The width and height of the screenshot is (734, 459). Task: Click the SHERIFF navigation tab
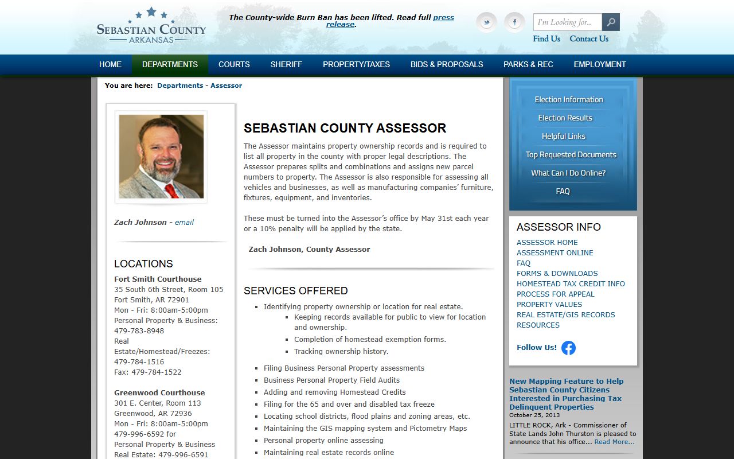[x=286, y=64]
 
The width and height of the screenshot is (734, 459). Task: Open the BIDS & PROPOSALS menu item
[x=447, y=64]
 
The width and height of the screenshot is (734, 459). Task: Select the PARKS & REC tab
[x=528, y=64]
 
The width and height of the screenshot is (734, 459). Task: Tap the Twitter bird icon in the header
[x=487, y=22]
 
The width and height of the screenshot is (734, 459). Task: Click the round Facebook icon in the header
[x=514, y=22]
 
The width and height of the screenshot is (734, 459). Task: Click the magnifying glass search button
[x=611, y=22]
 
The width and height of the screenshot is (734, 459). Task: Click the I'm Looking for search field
[x=567, y=22]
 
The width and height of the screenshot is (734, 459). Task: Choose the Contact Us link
[x=589, y=38]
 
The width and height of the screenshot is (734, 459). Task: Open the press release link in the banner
[x=443, y=18]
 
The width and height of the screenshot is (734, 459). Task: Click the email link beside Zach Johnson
[x=184, y=222]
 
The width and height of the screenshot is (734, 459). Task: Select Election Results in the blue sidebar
[x=565, y=118]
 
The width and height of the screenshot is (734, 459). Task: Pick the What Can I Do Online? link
[x=568, y=173]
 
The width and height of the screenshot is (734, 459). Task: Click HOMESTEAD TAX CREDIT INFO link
[x=571, y=283]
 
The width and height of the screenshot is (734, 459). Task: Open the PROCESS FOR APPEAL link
[x=555, y=294]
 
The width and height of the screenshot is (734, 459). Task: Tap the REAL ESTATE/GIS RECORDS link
[x=565, y=314]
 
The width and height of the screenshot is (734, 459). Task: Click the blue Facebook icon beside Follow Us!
[x=568, y=348]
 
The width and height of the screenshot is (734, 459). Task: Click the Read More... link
[x=614, y=442]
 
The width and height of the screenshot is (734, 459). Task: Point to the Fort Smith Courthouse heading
[x=158, y=279]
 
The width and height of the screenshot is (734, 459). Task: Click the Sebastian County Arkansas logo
[x=151, y=26]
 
